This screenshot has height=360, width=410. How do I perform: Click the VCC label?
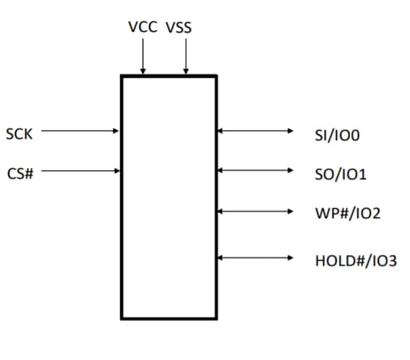pos(143,28)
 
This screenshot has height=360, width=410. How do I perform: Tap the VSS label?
pos(179,28)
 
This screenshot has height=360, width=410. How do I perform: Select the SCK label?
pos(19,133)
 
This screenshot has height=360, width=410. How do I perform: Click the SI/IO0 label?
pos(338,134)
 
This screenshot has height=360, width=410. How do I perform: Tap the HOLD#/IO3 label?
pos(356,261)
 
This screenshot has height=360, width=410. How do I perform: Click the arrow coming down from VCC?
pos(143,57)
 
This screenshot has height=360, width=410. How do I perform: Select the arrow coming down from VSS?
pos(186,57)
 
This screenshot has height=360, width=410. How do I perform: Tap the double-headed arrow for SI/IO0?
pos(255,130)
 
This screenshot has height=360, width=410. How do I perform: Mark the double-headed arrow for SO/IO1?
pos(255,170)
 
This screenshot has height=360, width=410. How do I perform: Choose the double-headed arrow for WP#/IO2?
pos(255,210)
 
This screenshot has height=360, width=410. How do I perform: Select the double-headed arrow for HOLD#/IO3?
pos(255,258)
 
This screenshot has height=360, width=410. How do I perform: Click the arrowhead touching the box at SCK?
pos(117,130)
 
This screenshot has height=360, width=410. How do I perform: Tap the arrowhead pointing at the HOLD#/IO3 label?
pos(289,258)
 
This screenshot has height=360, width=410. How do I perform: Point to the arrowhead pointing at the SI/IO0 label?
pos(289,130)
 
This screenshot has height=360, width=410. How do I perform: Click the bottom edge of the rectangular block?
pos(169,318)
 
